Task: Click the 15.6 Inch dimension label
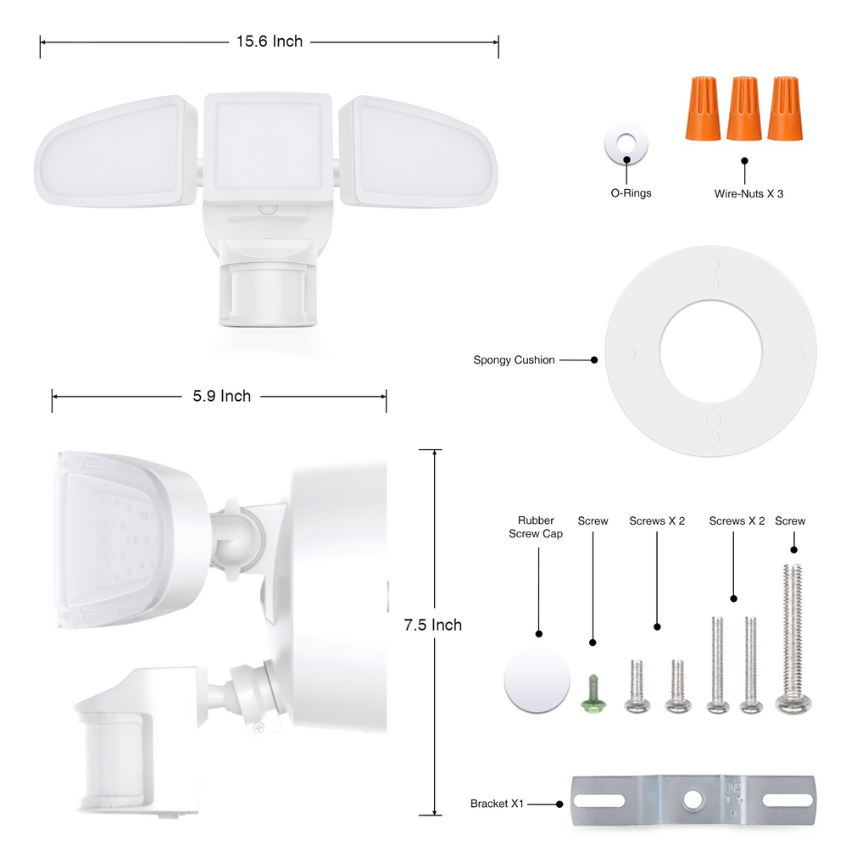click(269, 42)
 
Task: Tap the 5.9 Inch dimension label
click(222, 396)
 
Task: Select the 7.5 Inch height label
click(432, 625)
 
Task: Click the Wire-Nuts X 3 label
click(748, 193)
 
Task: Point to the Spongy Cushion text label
click(514, 360)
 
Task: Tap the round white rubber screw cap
click(537, 680)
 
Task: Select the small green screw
click(591, 693)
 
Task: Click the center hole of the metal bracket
click(693, 798)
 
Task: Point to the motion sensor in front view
click(269, 293)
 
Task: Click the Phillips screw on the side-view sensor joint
click(259, 727)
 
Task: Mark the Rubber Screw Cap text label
click(536, 527)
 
